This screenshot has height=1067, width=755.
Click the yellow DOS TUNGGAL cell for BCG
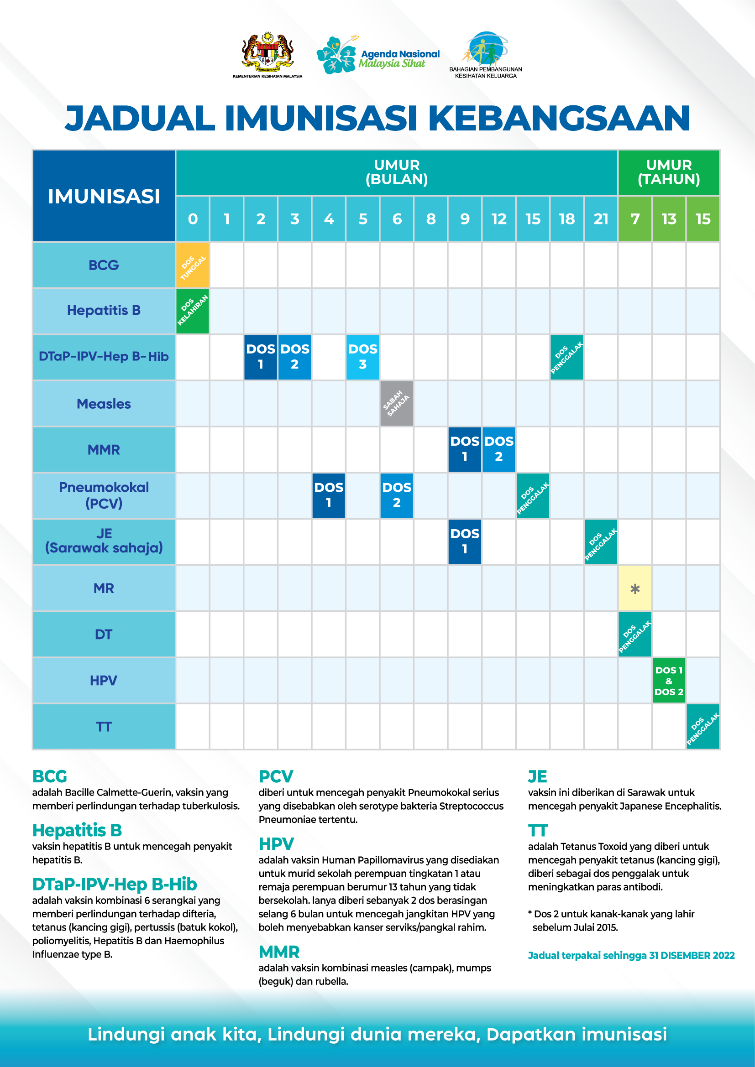(x=193, y=265)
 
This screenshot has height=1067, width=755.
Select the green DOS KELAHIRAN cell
(x=193, y=311)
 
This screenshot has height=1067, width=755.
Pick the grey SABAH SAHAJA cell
(x=397, y=403)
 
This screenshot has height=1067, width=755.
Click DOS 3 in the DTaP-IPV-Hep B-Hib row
(x=362, y=357)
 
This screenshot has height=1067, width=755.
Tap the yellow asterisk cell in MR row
(x=634, y=588)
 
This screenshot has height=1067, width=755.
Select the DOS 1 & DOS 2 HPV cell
(x=669, y=680)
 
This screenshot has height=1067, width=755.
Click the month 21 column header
(x=601, y=219)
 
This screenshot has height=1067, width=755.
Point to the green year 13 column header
(x=669, y=219)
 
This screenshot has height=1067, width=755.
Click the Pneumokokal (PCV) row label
(x=104, y=495)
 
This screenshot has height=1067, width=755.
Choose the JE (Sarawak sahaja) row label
(x=104, y=541)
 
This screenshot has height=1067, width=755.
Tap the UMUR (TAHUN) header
(x=669, y=172)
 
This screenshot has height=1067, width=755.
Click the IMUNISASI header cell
(x=104, y=196)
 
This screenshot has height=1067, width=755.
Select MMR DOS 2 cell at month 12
(x=499, y=449)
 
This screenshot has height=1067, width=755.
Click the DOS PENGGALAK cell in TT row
(x=703, y=726)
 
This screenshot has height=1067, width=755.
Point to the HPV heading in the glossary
(x=276, y=843)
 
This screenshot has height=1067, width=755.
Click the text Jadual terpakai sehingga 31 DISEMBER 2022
(x=631, y=956)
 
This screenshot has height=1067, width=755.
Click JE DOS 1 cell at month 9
(x=464, y=541)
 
